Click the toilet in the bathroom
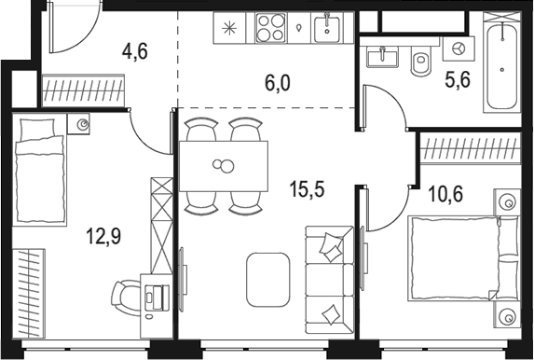click(x=420, y=62)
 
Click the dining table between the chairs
click(x=224, y=166)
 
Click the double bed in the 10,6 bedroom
click(x=461, y=256)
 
